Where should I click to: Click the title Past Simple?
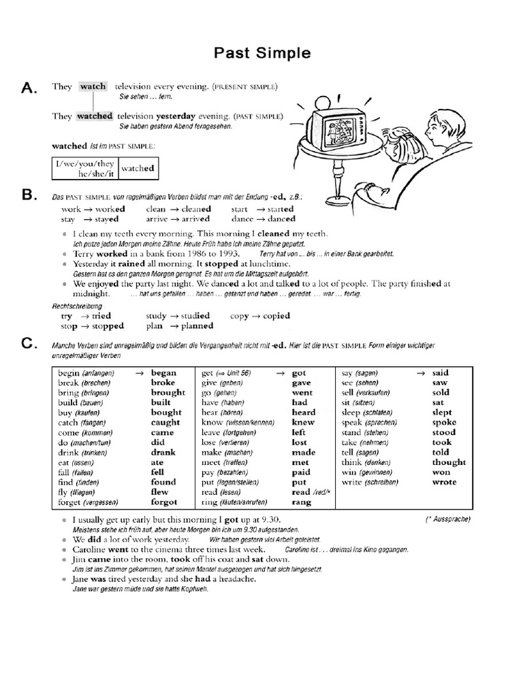[262, 52]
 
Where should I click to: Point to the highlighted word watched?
[94, 116]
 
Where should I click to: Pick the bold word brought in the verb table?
[168, 393]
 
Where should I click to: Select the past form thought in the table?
[449, 462]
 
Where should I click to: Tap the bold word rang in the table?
[301, 502]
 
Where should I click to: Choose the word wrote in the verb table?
[445, 482]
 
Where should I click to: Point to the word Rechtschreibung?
[77, 306]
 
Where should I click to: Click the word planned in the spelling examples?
[197, 326]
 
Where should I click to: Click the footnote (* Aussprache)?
[447, 520]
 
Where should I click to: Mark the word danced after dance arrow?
[281, 219]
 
